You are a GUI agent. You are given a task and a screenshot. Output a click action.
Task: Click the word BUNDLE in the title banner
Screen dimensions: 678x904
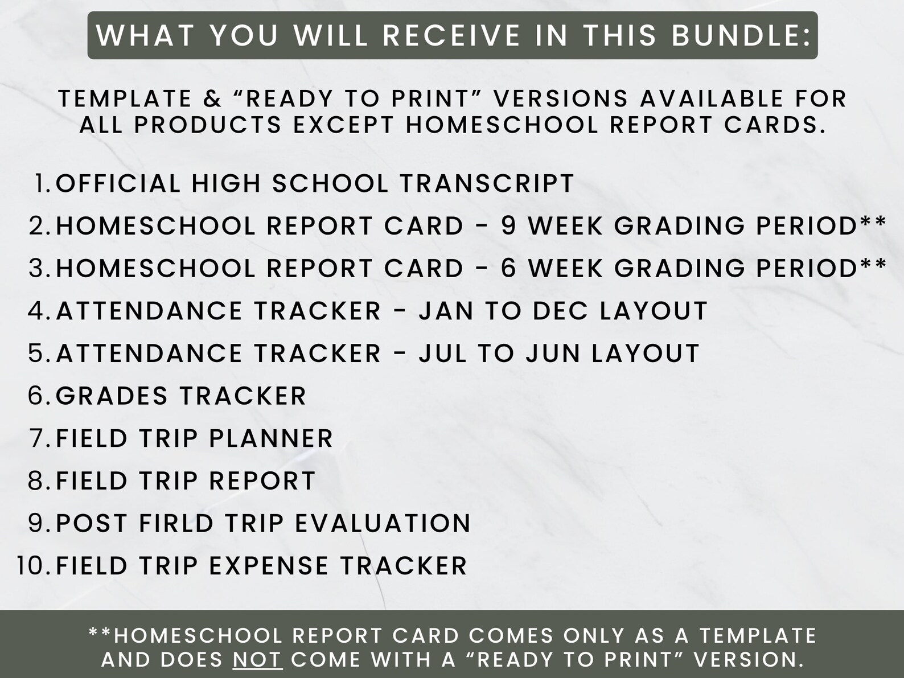[739, 35]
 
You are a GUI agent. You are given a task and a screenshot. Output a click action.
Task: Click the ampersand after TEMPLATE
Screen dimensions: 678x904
[213, 99]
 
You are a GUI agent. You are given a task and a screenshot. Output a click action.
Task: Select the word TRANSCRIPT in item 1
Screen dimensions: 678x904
[487, 183]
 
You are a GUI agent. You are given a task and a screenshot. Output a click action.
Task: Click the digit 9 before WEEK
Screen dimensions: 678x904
[508, 226]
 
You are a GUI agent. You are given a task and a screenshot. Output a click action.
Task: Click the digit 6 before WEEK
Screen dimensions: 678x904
[508, 269]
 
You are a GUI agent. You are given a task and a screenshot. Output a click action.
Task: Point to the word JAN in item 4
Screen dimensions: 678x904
[442, 311]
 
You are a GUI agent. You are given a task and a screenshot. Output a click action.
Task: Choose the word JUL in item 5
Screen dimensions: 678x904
[438, 354]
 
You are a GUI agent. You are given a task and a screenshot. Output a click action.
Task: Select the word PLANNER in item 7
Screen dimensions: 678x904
[271, 438]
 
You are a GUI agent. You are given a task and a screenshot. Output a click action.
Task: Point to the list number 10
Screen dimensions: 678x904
[34, 566]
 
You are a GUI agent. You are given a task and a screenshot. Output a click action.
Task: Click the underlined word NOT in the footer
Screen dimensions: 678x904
[258, 659]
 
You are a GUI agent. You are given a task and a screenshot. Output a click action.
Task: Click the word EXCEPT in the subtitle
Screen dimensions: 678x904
[343, 125]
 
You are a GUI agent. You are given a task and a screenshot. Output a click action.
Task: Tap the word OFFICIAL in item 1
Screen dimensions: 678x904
[118, 183]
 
